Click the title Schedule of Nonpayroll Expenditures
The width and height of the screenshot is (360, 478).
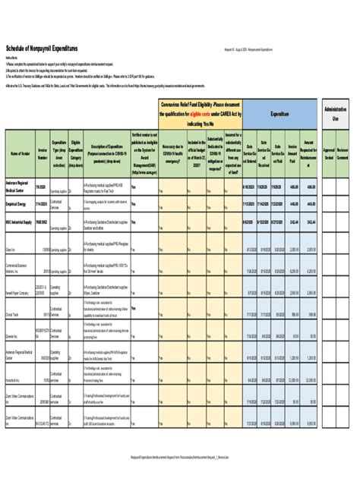(x=45, y=47)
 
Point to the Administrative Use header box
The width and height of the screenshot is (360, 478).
(x=335, y=113)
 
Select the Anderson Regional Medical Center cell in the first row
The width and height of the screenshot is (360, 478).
(x=20, y=187)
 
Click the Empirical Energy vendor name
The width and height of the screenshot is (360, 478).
(x=19, y=203)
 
